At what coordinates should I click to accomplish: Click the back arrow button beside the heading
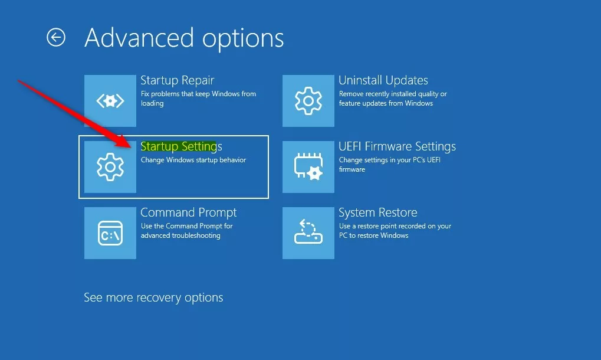coord(56,38)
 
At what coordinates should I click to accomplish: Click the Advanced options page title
coord(184,38)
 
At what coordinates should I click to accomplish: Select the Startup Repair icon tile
coord(110,101)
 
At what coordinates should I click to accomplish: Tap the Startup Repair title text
coord(177,80)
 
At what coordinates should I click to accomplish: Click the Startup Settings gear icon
coord(110,167)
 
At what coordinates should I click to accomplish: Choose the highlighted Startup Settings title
coord(181,146)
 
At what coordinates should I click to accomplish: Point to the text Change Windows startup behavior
coord(193,160)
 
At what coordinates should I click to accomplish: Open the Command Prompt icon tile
coord(110,233)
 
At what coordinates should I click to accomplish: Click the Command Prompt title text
coord(188,212)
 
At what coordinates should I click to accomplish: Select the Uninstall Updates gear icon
coord(308,101)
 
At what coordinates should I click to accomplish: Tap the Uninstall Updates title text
coord(383,80)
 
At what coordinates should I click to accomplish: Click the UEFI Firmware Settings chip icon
coord(308,167)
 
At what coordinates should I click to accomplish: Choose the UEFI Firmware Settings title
coord(397,146)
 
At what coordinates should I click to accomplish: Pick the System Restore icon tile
coord(308,233)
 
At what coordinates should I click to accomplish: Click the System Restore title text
coord(377,212)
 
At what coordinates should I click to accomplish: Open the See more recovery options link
coord(153,297)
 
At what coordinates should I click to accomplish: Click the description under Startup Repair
coord(198,99)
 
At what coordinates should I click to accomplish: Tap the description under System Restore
coord(395,231)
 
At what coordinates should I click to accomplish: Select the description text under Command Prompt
coord(186,231)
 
